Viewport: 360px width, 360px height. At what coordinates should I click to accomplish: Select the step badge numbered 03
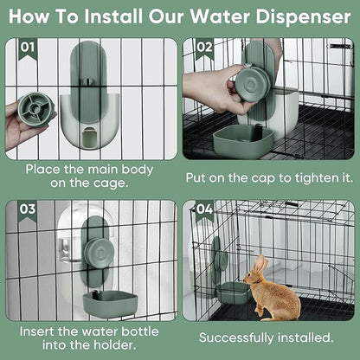point(27,209)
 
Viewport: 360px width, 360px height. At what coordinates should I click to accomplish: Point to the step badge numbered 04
point(204,209)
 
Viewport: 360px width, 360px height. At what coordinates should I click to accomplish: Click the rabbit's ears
point(260,262)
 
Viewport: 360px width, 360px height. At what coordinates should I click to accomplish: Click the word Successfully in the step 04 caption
point(241,337)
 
